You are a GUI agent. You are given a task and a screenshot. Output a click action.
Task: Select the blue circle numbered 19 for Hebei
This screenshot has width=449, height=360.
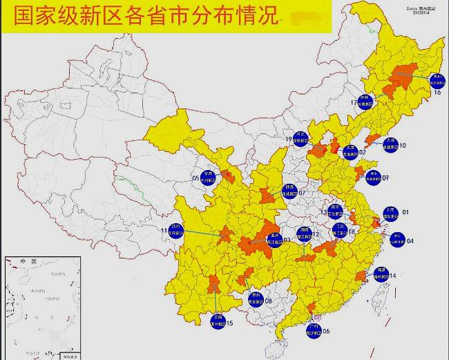(x=300, y=137)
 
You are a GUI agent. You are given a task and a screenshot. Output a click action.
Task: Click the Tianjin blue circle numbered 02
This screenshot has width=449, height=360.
(x=350, y=152)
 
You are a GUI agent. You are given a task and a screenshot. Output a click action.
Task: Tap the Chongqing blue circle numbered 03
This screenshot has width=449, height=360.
(x=274, y=238)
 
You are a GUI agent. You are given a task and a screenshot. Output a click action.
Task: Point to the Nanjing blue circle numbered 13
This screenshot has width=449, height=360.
(x=335, y=211)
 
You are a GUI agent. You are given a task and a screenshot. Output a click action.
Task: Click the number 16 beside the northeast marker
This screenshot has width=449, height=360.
(x=437, y=92)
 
